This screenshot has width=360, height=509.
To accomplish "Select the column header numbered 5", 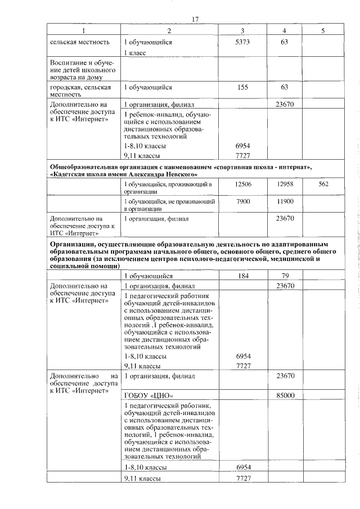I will [323, 31].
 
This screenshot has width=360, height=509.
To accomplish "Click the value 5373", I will [242, 42].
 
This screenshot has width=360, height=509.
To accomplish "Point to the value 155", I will [242, 87].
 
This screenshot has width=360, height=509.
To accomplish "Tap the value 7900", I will [242, 201].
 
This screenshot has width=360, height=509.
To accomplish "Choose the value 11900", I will [285, 201].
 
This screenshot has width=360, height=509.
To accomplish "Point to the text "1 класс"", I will [135, 52].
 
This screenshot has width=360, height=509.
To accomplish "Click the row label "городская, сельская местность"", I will [80, 91].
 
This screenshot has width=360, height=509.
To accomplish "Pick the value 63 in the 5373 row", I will [285, 42].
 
